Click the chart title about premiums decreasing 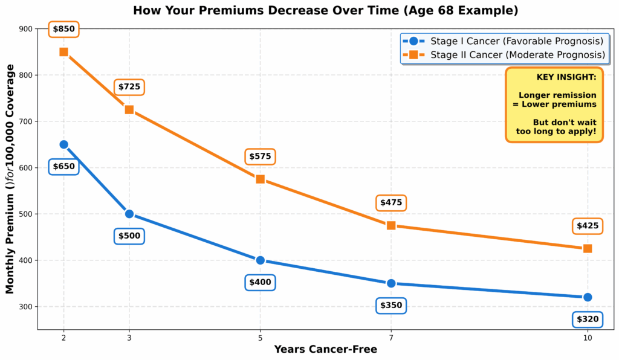(x=325, y=11)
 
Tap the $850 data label (x=63, y=29)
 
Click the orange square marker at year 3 (x=129, y=110)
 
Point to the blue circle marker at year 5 (x=260, y=260)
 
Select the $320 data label (x=588, y=319)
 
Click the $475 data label (x=391, y=203)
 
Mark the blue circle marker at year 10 (x=588, y=297)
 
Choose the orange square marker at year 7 (x=391, y=225)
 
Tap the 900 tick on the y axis (x=25, y=29)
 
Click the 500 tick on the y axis (x=25, y=214)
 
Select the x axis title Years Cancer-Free (x=325, y=349)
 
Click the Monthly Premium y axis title (x=10, y=179)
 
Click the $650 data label (x=63, y=167)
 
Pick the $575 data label (x=260, y=156)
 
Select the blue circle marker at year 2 (x=63, y=144)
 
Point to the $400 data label (x=260, y=282)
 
